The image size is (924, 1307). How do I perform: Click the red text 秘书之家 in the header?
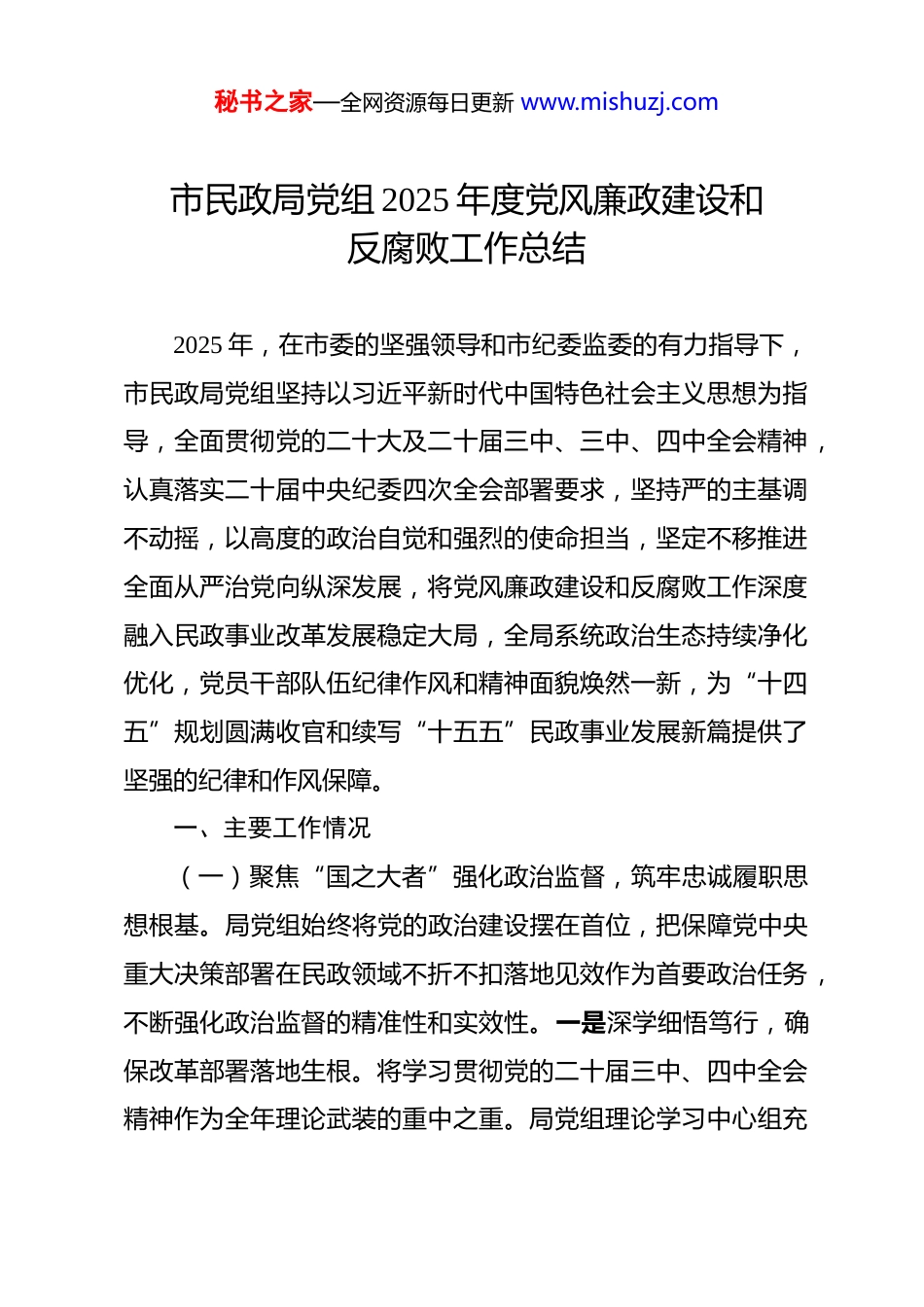264,102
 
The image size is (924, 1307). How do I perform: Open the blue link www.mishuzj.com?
620,102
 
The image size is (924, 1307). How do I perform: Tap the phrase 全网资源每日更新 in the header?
427,102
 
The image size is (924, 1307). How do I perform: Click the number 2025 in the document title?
415,200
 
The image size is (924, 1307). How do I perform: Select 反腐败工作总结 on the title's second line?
466,249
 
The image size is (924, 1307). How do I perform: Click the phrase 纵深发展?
351,587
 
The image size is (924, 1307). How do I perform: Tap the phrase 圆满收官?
275,732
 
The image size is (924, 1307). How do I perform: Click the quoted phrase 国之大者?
376,877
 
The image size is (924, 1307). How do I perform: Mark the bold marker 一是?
581,1023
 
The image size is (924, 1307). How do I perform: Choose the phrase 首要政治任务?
731,974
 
